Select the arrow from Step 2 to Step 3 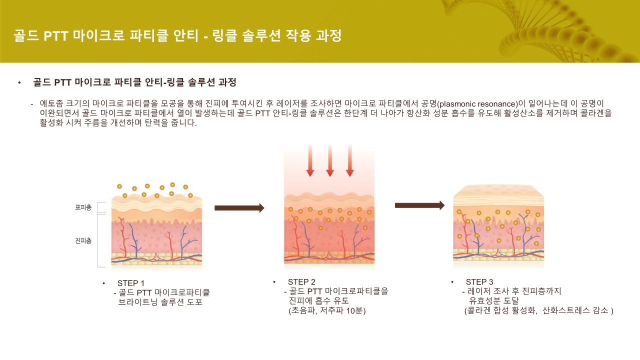pos(419,205)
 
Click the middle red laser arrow pos(330,160)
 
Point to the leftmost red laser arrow pos(310,160)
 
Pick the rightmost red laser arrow pos(350,160)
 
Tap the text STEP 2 pos(301,282)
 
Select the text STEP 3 pos(479,282)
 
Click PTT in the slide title pos(55,36)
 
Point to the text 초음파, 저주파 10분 pos(327,310)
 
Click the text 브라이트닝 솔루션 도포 pos(160,302)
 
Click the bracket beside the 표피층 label pos(100,207)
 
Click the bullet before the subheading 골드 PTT pos(19,82)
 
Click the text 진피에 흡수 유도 pos(318,301)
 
